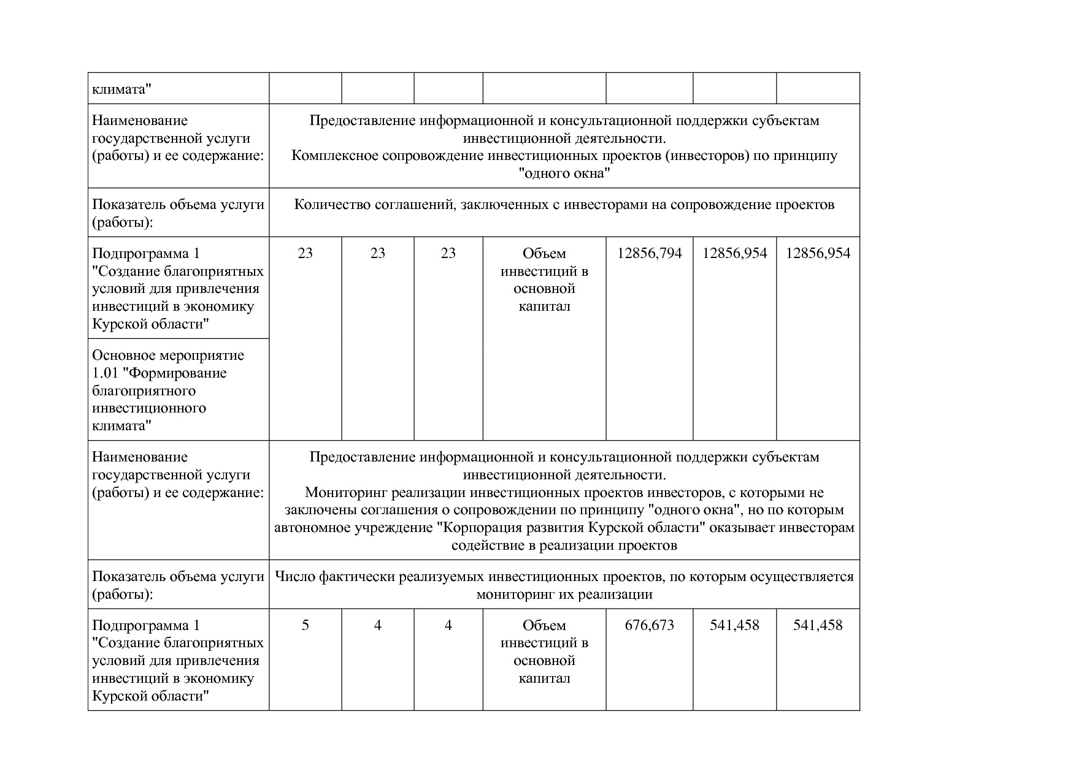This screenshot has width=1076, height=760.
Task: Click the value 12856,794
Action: coord(649,254)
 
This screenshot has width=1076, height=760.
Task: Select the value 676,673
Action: coord(649,625)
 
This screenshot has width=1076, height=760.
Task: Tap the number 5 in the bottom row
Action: coord(305,625)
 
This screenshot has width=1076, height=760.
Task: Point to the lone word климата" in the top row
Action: coord(121,90)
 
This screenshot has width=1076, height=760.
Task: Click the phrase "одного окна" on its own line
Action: coord(564,173)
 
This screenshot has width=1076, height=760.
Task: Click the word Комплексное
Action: coord(334,156)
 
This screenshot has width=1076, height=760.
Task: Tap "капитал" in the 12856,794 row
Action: coord(544,306)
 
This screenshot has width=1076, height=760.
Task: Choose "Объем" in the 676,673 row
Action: coord(544,625)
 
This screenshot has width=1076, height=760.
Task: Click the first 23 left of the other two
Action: coord(305,254)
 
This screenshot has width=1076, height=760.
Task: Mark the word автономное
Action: coord(311,528)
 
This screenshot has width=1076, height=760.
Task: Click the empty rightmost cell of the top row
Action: coord(817,88)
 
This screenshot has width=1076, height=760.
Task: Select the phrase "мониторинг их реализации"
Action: coord(564,595)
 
